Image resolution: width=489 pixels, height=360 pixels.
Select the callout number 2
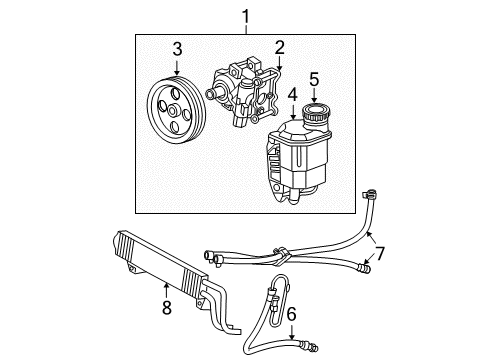coord(280,46)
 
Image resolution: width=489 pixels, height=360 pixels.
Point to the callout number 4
coord(292,94)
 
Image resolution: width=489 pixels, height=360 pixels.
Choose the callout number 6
coord(291,313)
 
